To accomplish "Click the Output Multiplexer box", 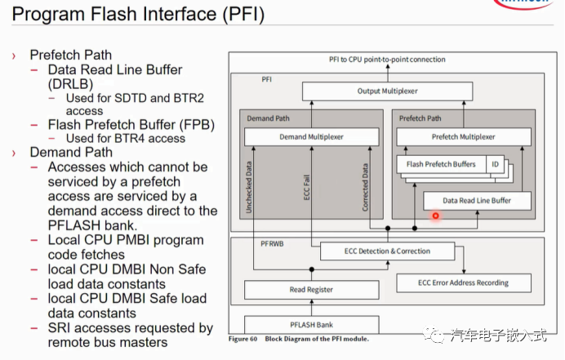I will (x=387, y=91).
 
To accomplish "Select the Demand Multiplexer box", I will (x=310, y=136).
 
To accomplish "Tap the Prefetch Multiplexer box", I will (x=463, y=136).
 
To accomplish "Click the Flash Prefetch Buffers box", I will (x=440, y=164).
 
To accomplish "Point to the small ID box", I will (x=493, y=164).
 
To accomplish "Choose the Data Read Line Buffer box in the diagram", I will (x=477, y=200).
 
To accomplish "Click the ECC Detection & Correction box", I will (x=387, y=251).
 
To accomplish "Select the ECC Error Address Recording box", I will (x=463, y=282).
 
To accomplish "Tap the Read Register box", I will (x=311, y=289).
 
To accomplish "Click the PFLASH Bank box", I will (x=311, y=324).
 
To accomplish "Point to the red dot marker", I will (x=436, y=216).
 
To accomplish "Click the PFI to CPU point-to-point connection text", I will (x=387, y=60).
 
